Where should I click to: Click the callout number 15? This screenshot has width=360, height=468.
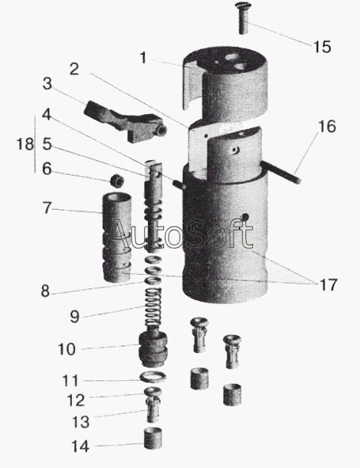click(x=322, y=47)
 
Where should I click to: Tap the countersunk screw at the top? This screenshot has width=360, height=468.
click(x=243, y=17)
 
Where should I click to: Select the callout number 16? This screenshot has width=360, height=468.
click(x=327, y=126)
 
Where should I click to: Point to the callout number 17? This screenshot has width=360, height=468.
click(x=328, y=284)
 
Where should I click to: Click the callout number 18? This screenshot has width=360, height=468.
click(x=25, y=144)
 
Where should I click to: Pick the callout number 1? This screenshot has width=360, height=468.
click(x=143, y=58)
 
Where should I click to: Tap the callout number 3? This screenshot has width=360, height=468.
click(x=47, y=84)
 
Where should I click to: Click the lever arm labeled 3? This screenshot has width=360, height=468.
click(x=126, y=122)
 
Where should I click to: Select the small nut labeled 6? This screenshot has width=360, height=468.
click(x=116, y=180)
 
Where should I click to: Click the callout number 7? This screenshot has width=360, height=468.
click(x=47, y=208)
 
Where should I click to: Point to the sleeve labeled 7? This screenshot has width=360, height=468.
click(x=116, y=238)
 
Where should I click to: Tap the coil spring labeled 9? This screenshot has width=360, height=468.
click(x=153, y=308)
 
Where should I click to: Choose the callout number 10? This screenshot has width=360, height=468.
click(x=66, y=349)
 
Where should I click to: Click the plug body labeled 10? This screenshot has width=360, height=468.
click(x=153, y=348)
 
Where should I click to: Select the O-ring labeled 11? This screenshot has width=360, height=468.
click(x=153, y=378)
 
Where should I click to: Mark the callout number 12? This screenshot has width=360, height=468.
click(x=76, y=400)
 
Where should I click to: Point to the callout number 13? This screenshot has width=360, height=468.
click(x=81, y=422)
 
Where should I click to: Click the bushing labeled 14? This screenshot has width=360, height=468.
click(x=153, y=438)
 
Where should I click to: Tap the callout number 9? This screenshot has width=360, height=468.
click(x=74, y=317)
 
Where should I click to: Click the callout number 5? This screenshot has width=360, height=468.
click(x=47, y=144)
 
